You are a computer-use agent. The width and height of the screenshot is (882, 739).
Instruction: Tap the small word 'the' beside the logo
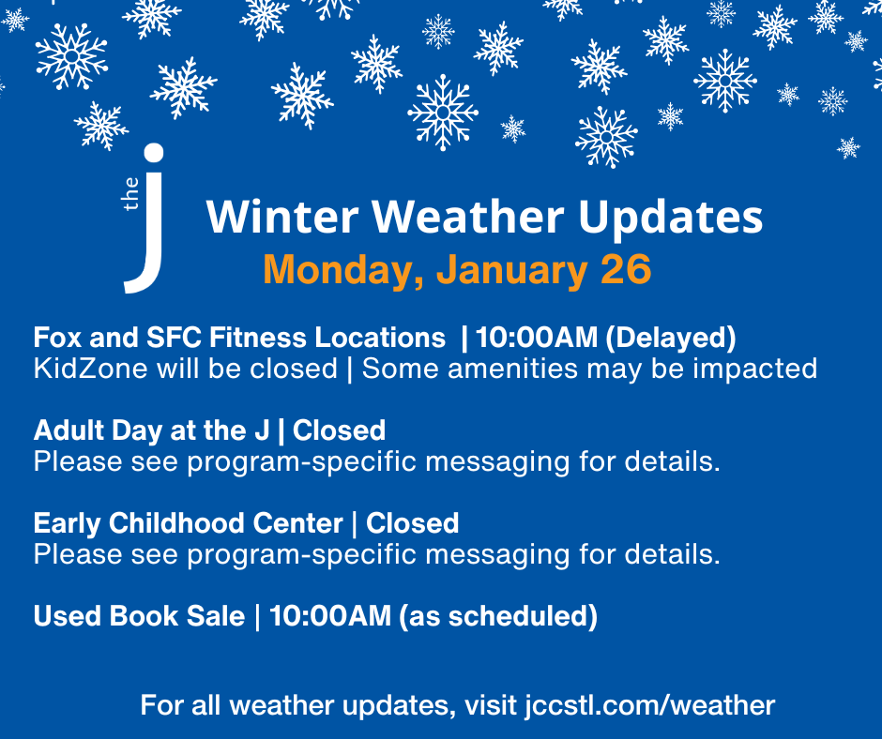point(130,194)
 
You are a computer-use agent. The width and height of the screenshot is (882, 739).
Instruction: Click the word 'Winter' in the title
point(281,217)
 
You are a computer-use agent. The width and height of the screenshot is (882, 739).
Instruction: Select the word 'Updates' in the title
point(671,219)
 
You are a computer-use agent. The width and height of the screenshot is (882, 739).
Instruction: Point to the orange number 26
point(626,270)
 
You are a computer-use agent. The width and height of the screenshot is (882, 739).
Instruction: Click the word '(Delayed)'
point(671,338)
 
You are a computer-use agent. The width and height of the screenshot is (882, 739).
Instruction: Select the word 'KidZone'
point(90,369)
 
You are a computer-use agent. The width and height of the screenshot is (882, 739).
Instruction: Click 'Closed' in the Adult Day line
point(339,430)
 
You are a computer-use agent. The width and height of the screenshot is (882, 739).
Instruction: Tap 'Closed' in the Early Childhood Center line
point(412,523)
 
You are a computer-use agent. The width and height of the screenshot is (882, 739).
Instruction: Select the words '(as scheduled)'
point(498,616)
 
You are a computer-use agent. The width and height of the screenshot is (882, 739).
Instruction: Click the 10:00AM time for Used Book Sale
point(330,616)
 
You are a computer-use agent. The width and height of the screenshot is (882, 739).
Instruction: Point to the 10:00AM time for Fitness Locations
point(537,338)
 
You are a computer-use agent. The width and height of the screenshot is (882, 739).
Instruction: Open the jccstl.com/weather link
point(649,705)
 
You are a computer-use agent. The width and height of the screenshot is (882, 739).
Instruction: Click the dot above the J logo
point(154,153)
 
